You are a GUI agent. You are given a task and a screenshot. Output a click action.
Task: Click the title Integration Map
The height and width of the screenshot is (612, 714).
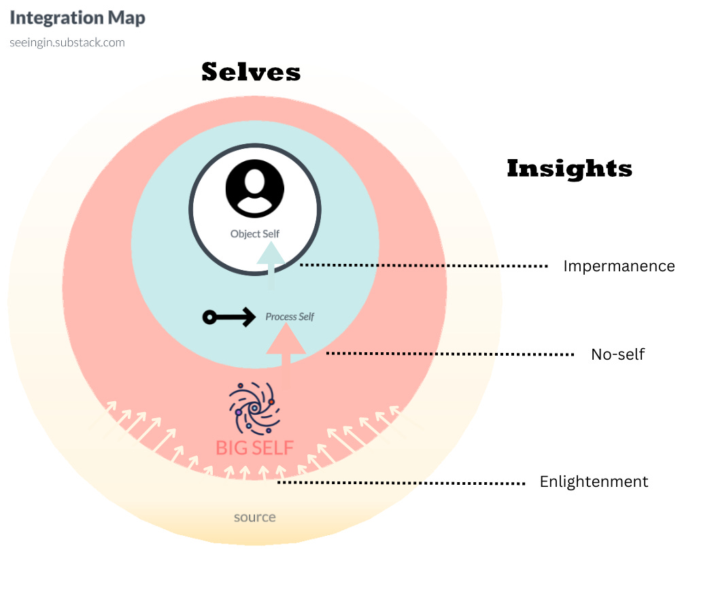(77, 18)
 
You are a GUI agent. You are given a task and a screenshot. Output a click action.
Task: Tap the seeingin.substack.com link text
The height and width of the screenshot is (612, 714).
(67, 42)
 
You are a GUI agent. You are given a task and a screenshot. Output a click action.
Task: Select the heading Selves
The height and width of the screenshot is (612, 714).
(251, 72)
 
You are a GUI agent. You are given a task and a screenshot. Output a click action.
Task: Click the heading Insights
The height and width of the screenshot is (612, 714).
(569, 169)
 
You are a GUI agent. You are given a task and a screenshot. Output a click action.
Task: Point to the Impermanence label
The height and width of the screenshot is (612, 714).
(619, 267)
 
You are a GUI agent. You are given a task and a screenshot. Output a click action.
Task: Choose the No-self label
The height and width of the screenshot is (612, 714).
(617, 354)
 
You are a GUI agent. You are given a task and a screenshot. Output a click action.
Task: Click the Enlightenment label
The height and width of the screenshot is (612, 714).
(594, 482)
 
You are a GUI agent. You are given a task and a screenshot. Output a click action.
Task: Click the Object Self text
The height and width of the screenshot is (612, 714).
(255, 234)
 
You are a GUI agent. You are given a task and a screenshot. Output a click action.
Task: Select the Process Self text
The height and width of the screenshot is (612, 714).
(290, 317)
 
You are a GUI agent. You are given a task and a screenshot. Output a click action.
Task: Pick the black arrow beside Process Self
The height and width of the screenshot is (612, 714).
(228, 317)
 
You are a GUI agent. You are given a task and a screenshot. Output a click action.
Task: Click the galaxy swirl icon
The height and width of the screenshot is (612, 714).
(254, 408)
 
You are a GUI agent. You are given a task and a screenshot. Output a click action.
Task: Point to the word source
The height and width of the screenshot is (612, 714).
(255, 517)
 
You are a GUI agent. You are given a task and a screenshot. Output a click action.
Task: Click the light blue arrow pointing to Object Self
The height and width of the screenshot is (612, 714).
(271, 269)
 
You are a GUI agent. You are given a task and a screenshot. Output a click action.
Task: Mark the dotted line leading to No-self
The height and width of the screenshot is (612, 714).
(450, 354)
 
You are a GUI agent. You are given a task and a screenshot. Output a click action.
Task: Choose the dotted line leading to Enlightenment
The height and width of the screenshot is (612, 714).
(401, 483)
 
